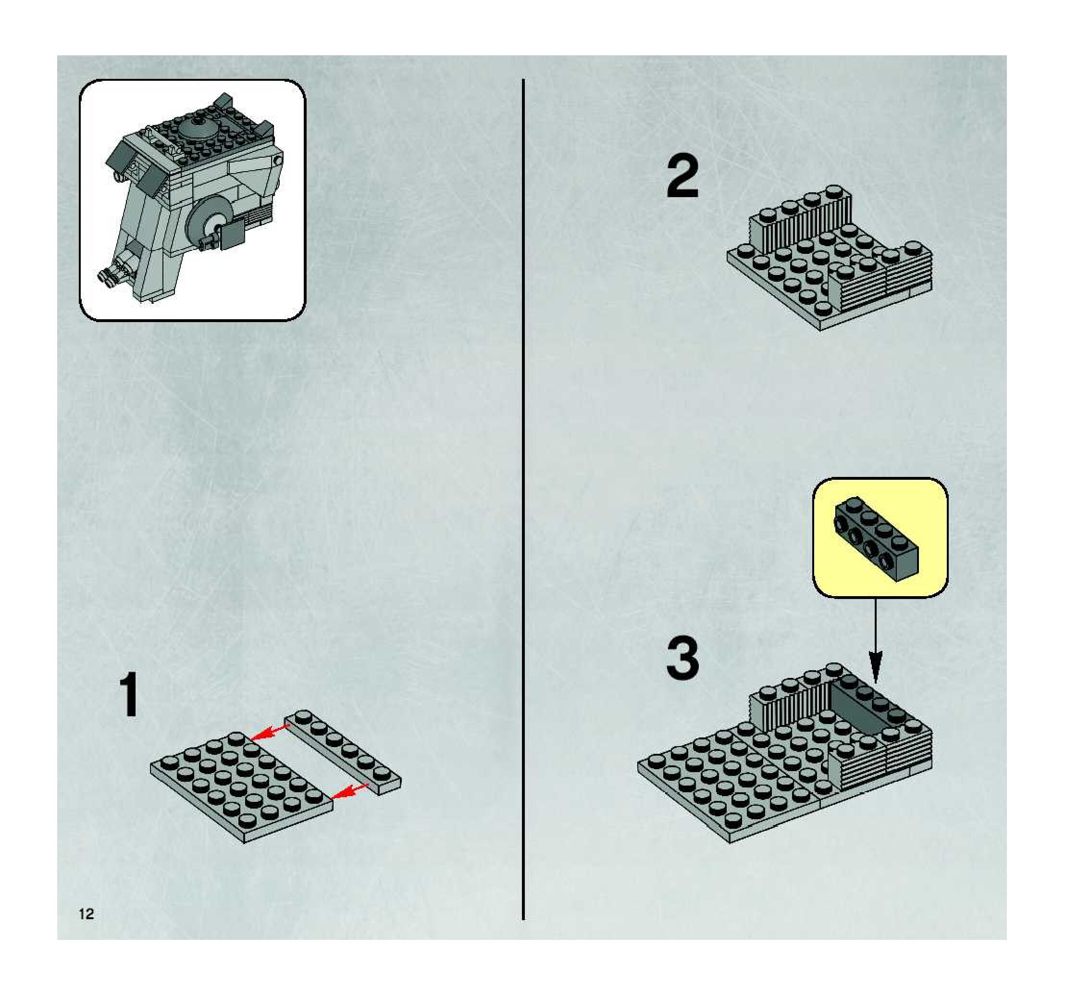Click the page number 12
[87, 914]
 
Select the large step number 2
[682, 177]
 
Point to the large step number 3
[682, 658]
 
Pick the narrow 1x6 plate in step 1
[342, 752]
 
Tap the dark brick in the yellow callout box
[876, 538]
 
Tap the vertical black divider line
[523, 500]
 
